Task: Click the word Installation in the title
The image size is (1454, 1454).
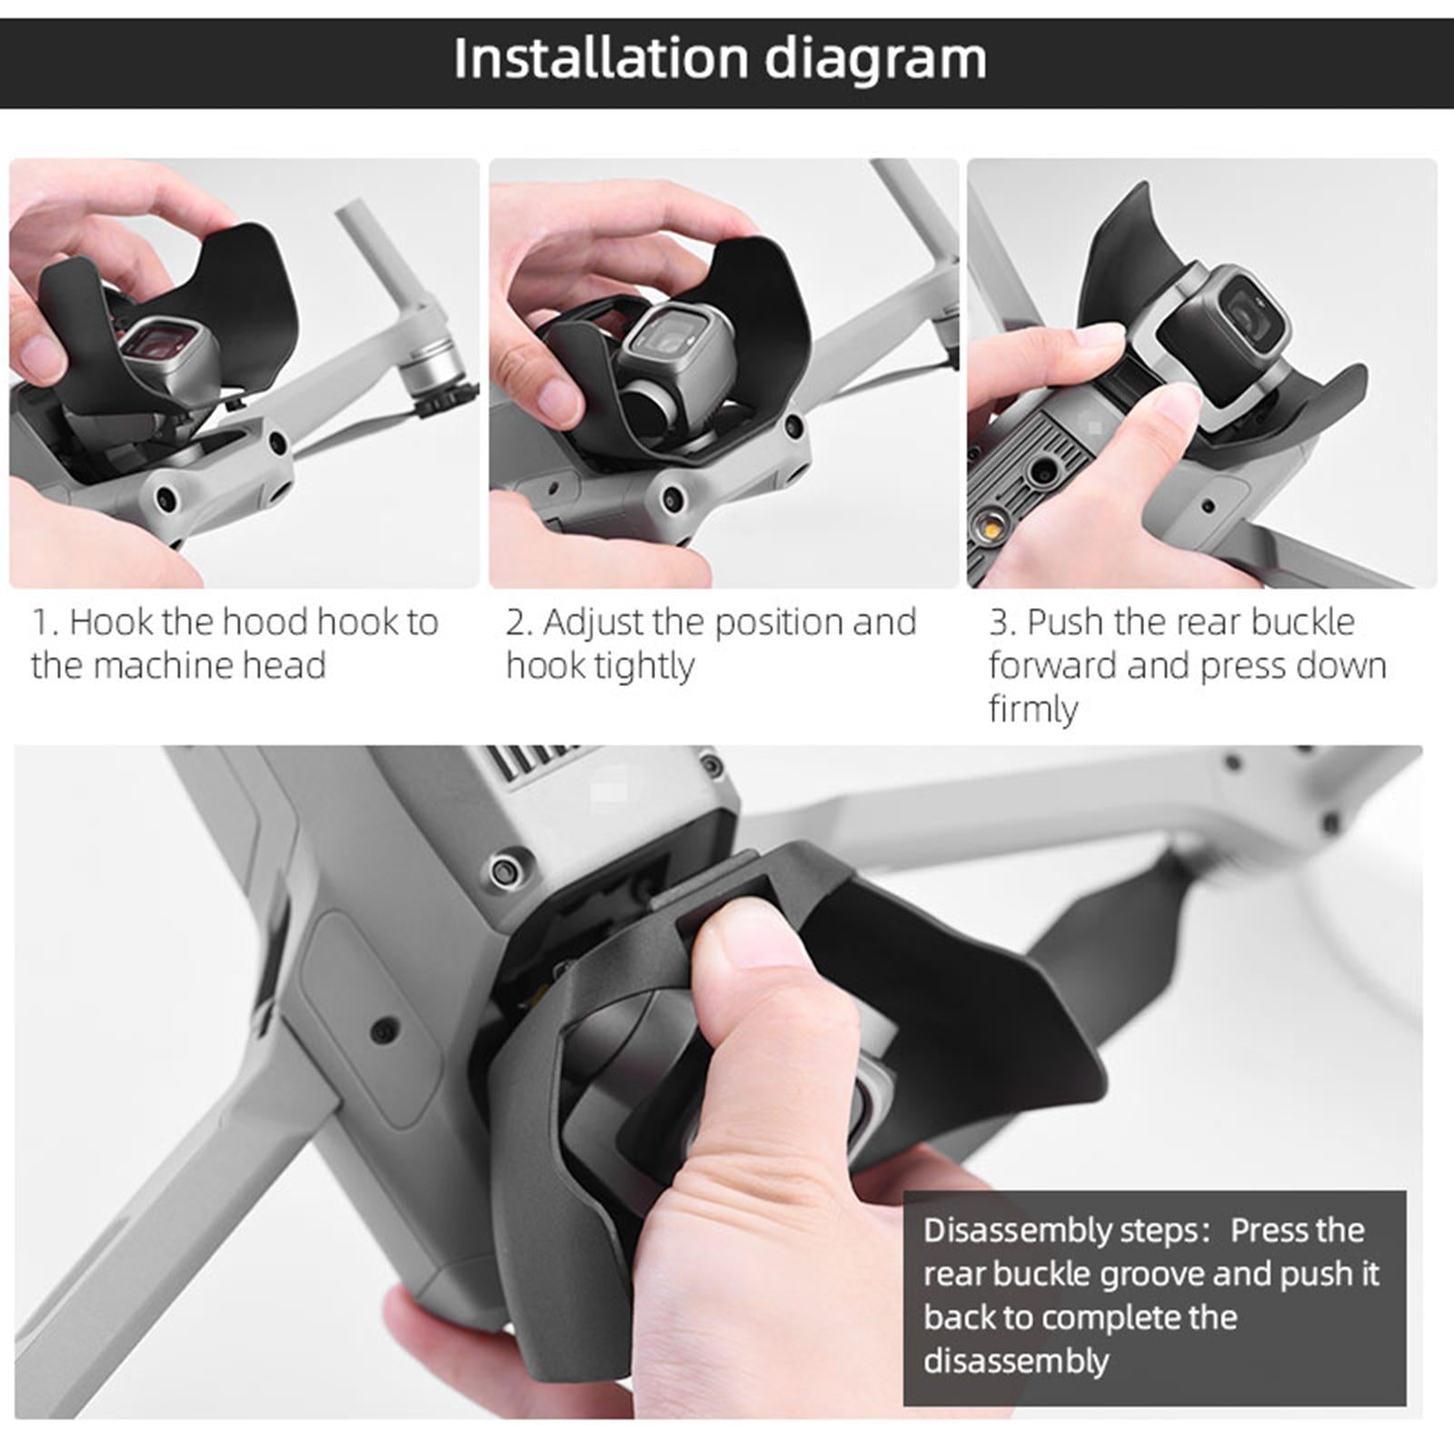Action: point(600,58)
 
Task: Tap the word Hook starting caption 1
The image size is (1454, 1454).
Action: point(110,622)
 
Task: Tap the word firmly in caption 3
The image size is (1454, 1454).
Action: point(1033,710)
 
